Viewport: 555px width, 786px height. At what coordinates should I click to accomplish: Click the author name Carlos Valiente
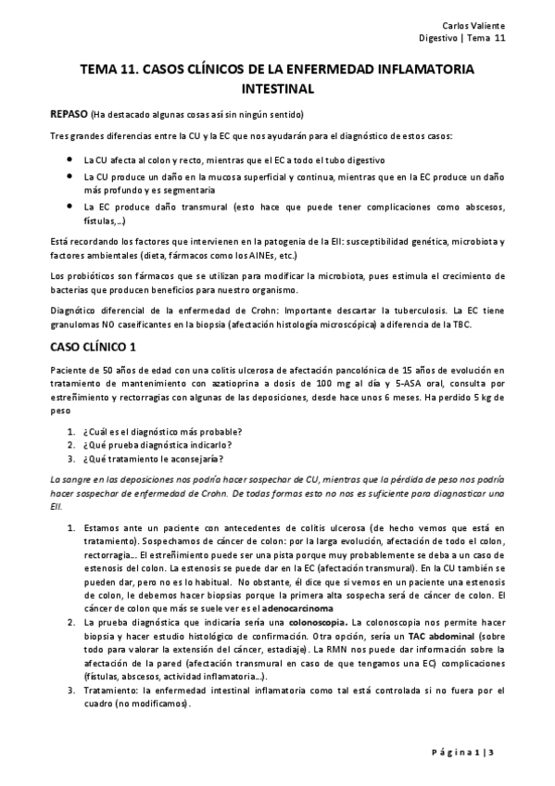(478, 24)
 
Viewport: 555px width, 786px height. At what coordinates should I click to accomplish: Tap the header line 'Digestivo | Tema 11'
(462, 38)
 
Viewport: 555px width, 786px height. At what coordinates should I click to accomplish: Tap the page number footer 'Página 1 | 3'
(474, 748)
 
